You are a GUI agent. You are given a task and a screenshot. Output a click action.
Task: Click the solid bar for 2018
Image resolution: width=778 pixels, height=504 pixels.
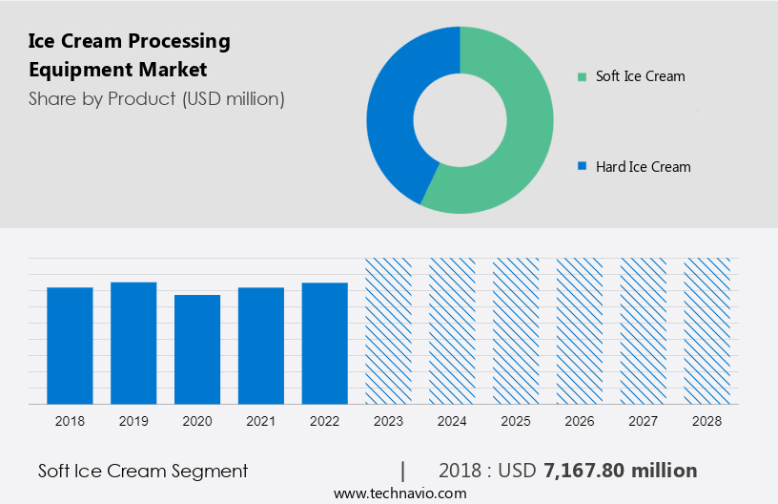[70, 345]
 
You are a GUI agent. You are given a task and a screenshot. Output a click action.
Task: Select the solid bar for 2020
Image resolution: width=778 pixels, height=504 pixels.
[197, 348]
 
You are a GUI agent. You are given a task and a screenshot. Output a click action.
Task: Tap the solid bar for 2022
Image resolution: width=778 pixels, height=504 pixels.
[325, 343]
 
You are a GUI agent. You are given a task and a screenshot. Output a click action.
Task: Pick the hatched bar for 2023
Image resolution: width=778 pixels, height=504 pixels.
[388, 330]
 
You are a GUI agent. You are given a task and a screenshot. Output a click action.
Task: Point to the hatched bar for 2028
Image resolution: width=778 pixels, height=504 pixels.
[707, 330]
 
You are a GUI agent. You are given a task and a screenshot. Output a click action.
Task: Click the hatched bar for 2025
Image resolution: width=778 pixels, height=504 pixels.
[516, 330]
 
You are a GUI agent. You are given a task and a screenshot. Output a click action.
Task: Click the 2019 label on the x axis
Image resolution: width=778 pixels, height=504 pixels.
[133, 421]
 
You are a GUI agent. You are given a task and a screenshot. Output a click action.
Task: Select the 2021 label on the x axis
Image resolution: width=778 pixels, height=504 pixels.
[261, 421]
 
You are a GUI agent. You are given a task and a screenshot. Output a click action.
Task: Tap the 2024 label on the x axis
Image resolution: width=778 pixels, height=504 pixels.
[452, 421]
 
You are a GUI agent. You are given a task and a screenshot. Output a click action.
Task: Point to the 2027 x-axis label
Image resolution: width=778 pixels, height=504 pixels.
[644, 421]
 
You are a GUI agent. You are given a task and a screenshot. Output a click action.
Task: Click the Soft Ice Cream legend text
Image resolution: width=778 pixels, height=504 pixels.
[640, 76]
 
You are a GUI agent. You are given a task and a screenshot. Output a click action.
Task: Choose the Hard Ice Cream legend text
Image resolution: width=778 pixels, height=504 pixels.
[643, 167]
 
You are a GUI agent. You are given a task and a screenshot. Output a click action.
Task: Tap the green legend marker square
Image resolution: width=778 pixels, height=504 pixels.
[582, 76]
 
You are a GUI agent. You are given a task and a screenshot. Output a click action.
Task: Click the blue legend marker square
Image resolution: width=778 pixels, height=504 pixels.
[582, 167]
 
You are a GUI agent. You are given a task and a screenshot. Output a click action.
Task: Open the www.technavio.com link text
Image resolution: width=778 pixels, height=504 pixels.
[399, 493]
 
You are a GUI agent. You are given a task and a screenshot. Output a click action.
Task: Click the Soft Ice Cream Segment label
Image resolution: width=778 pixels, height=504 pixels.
[143, 471]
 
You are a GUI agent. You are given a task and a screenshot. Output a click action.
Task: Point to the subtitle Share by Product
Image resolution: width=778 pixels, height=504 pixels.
[156, 98]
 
